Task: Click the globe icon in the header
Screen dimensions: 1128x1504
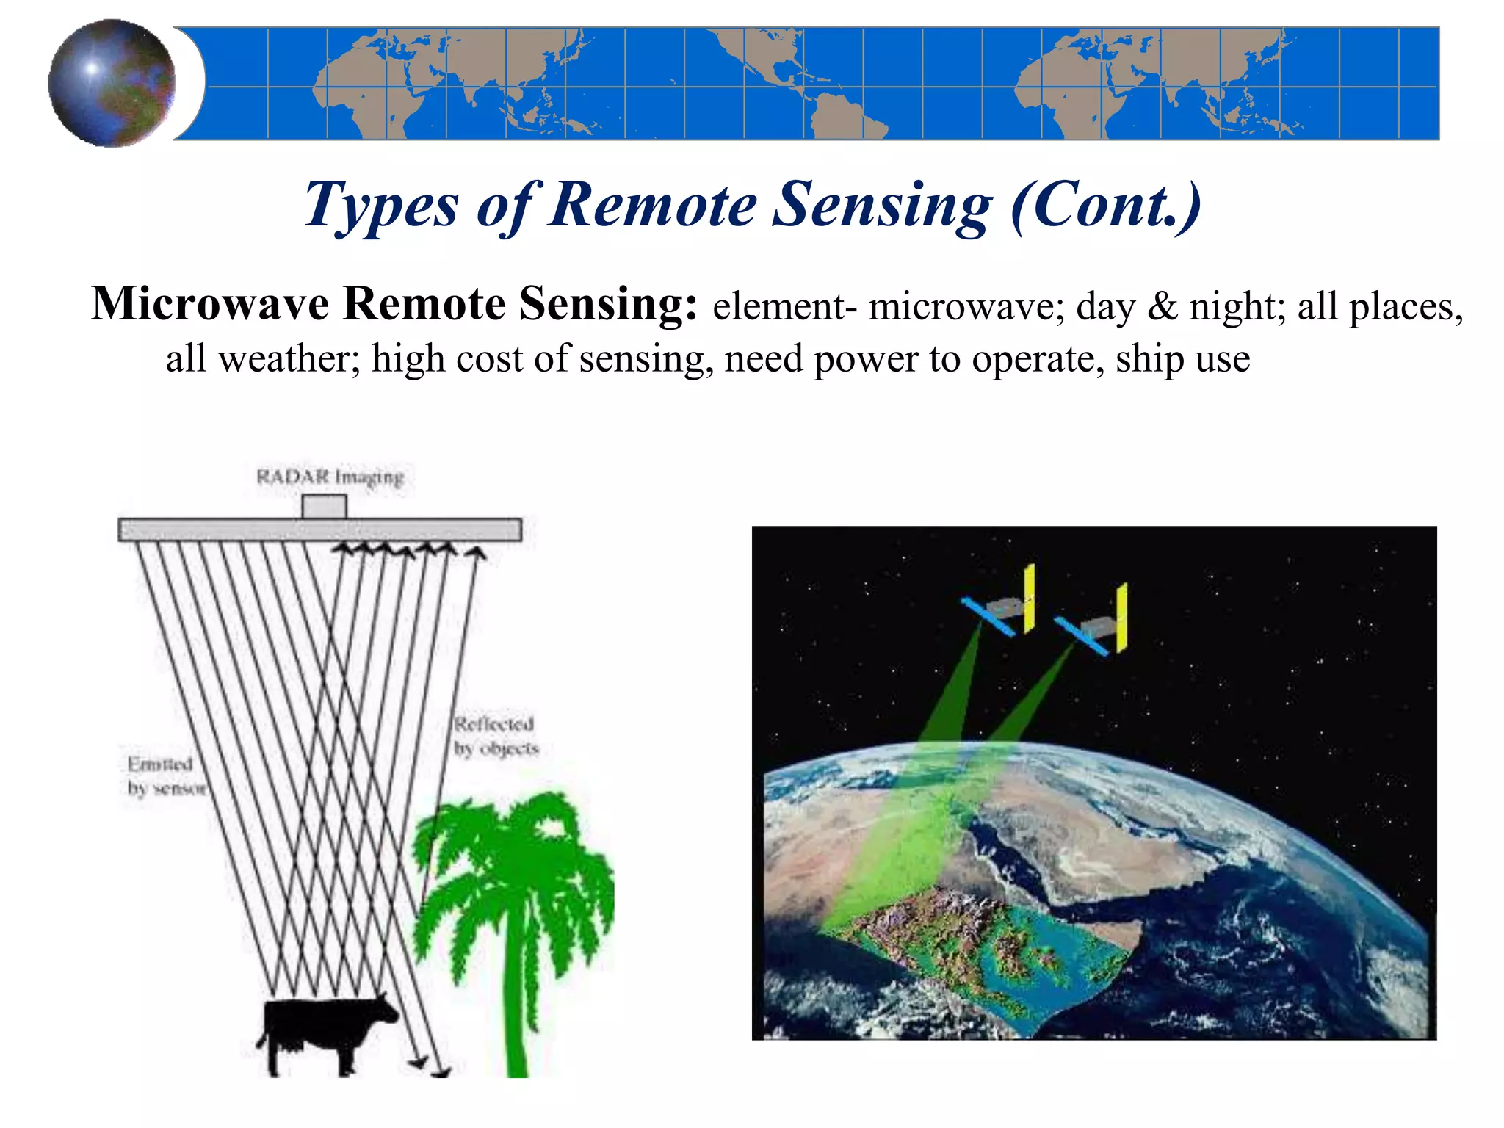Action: (112, 83)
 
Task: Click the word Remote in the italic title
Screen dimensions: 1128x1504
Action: (653, 205)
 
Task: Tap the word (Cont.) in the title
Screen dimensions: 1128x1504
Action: (1105, 205)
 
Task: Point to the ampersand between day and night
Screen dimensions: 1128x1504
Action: (1162, 306)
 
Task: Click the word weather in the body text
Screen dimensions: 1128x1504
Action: (289, 359)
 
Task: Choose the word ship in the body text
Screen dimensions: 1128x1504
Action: (1148, 359)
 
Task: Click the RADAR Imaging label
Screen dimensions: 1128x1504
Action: (330, 477)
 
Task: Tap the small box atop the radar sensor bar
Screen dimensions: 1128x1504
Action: (324, 506)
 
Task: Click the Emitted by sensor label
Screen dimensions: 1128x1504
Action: (165, 775)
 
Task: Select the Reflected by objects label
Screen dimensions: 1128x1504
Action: (496, 736)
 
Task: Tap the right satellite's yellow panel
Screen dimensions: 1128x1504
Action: (1121, 617)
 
